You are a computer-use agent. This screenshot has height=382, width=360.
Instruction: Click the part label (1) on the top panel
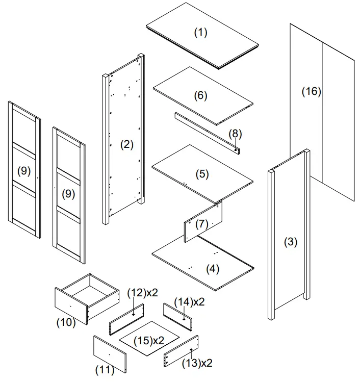pyautogui.click(x=201, y=33)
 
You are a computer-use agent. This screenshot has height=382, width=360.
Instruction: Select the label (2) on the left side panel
pyautogui.click(x=126, y=144)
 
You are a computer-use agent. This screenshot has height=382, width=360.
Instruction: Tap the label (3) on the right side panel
pyautogui.click(x=290, y=242)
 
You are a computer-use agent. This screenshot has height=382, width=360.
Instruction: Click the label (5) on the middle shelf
pyautogui.click(x=202, y=174)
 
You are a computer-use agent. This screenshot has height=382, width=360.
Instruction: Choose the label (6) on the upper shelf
pyautogui.click(x=200, y=95)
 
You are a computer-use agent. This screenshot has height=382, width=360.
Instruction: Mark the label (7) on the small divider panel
pyautogui.click(x=202, y=223)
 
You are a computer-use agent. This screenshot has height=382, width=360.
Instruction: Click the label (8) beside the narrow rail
pyautogui.click(x=235, y=134)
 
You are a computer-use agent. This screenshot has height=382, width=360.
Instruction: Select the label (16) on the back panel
pyautogui.click(x=311, y=91)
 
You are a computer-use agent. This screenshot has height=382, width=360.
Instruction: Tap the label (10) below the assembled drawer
pyautogui.click(x=66, y=322)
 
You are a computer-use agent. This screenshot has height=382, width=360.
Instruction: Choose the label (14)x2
pyautogui.click(x=189, y=301)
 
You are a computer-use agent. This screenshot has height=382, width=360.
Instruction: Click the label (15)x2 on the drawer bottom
pyautogui.click(x=148, y=340)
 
